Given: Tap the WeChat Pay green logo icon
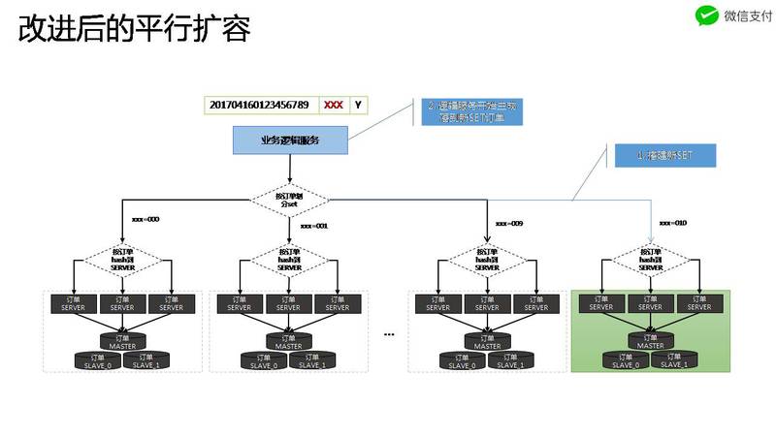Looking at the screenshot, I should point(706,15).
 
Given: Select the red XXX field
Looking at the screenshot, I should point(333,105).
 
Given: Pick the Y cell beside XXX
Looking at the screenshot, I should point(358,105).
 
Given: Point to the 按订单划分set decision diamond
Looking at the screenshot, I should point(290,201).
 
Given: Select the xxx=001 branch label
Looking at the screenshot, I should point(313,225).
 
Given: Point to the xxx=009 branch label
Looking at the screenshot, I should point(509,224).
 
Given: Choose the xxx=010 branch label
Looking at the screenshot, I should point(672,224).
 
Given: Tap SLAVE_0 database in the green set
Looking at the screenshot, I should point(624,360).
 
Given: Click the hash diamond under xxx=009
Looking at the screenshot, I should point(486,259).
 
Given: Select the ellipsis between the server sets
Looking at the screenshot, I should point(390,334).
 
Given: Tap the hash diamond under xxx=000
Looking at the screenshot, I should point(123,259).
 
